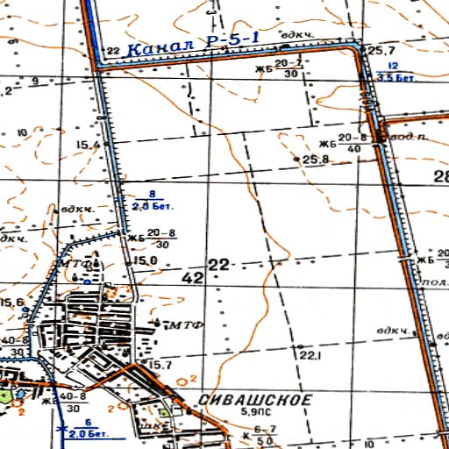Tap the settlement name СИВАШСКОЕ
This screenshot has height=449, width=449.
[x=255, y=400]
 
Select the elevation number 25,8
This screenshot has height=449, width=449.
[x=315, y=160]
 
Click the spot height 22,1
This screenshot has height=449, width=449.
[x=309, y=356]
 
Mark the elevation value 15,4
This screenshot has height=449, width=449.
[x=89, y=145]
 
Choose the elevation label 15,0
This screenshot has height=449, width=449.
[x=146, y=260]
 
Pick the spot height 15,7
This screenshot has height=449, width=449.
[x=159, y=364]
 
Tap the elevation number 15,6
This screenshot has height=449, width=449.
[x=11, y=303]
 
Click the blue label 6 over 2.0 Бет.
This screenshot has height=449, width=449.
[x=87, y=429]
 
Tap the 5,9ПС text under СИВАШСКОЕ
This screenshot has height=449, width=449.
[x=255, y=411]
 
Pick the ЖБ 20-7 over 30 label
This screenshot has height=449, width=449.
[x=281, y=69]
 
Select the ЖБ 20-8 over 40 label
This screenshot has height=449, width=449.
[x=342, y=143]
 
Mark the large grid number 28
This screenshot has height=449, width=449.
[x=440, y=177]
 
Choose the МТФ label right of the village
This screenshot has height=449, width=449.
[x=185, y=324]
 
